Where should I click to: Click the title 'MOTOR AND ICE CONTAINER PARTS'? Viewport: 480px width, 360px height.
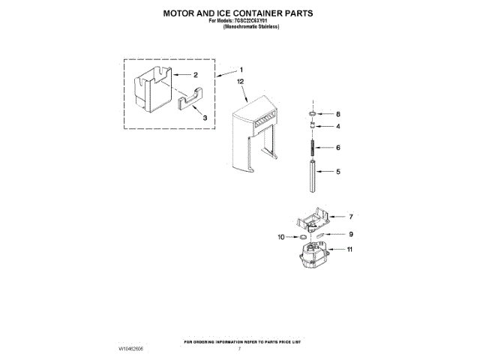[x=238, y=13]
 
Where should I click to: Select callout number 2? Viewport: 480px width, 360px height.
[x=195, y=75]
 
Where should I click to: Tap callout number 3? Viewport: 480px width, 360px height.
[x=205, y=118]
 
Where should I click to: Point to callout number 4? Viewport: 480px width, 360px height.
[x=338, y=126]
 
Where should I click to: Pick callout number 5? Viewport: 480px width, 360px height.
[x=338, y=172]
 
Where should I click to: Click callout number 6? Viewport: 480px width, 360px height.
[x=338, y=148]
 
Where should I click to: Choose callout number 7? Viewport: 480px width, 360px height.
[x=349, y=216]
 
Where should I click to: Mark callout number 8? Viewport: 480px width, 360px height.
[x=338, y=114]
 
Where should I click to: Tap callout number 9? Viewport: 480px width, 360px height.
[x=349, y=233]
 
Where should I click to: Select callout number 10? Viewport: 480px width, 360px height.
[x=283, y=237]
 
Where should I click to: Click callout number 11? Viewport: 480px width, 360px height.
[x=349, y=249]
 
